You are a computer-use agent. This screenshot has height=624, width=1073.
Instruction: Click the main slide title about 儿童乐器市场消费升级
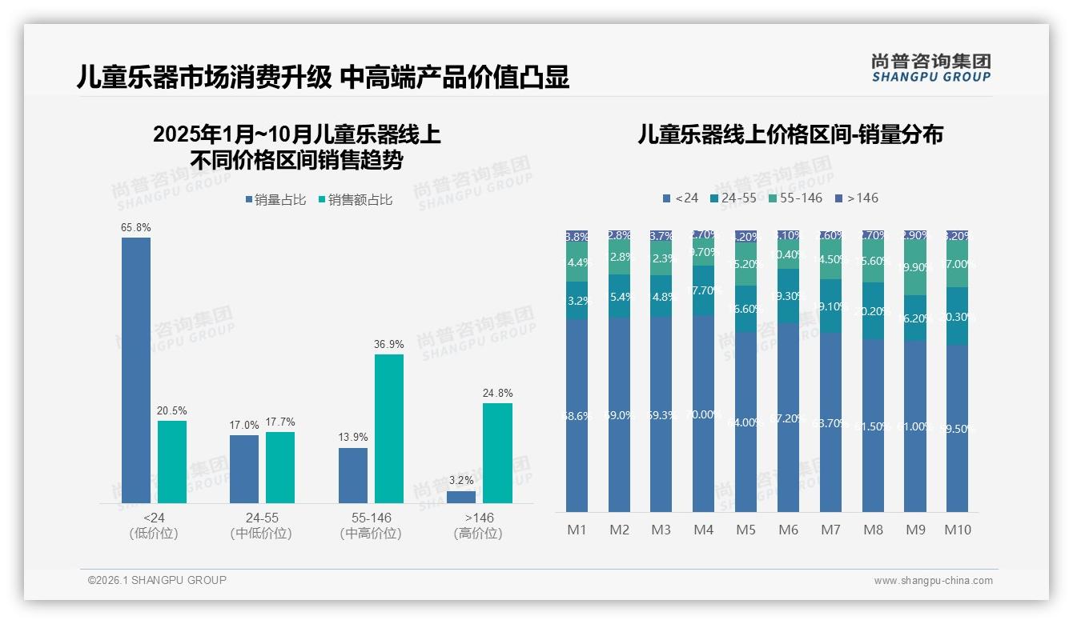pyautogui.click(x=322, y=78)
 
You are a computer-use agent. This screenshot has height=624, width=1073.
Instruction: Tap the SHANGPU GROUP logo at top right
pyautogui.click(x=931, y=68)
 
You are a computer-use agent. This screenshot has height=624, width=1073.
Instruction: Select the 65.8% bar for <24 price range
pyautogui.click(x=136, y=370)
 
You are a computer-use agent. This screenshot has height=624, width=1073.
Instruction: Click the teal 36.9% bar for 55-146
pyautogui.click(x=389, y=428)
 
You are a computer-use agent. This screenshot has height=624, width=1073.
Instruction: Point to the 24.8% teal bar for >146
pyautogui.click(x=497, y=453)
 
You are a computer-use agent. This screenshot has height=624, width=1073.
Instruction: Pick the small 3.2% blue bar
pyautogui.click(x=461, y=497)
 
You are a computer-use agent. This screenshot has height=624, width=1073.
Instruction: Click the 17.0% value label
pyautogui.click(x=244, y=426)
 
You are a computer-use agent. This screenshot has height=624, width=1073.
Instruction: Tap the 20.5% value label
pyautogui.click(x=172, y=410)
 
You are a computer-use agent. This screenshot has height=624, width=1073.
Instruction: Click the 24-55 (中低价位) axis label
pyautogui.click(x=260, y=526)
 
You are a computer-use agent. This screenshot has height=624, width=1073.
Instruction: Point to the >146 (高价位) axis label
pyautogui.click(x=478, y=526)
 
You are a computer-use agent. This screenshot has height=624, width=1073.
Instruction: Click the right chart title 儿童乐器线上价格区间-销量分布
pyautogui.click(x=790, y=134)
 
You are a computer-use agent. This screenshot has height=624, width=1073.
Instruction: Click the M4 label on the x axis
pyautogui.click(x=703, y=530)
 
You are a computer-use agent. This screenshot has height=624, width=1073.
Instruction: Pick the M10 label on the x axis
pyautogui.click(x=957, y=530)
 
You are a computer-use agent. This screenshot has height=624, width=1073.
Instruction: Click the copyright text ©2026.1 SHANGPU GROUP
pyautogui.click(x=157, y=580)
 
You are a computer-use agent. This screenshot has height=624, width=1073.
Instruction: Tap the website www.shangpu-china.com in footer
pyautogui.click(x=933, y=581)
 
